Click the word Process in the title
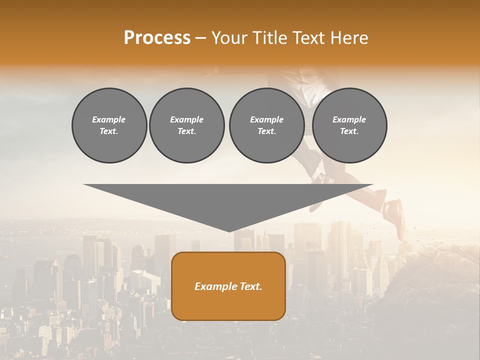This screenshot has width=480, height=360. point(157,38)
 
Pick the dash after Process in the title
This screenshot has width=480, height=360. point(200,38)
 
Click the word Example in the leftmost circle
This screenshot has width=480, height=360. point(109,119)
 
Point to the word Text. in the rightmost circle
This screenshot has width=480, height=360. point(349,131)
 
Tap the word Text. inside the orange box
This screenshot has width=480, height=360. point(251,286)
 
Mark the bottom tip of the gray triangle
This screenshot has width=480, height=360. point(229,230)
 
